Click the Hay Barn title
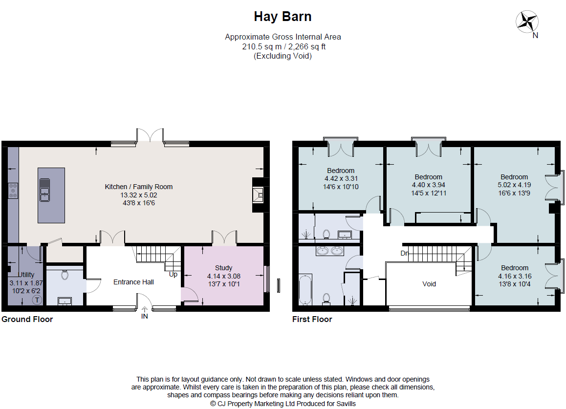click(283, 17)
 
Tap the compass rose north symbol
click(527, 22)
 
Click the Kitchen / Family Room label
click(138, 187)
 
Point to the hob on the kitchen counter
click(13, 190)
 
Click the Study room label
click(223, 268)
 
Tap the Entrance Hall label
click(133, 282)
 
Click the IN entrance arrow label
click(144, 316)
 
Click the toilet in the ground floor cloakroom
click(65, 275)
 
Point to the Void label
click(429, 284)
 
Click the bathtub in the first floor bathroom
click(305, 290)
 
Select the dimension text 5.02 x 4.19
click(514, 185)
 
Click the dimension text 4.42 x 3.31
click(341, 179)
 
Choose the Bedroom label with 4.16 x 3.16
click(514, 268)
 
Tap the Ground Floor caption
click(27, 320)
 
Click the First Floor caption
click(312, 320)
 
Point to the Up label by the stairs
click(173, 275)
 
